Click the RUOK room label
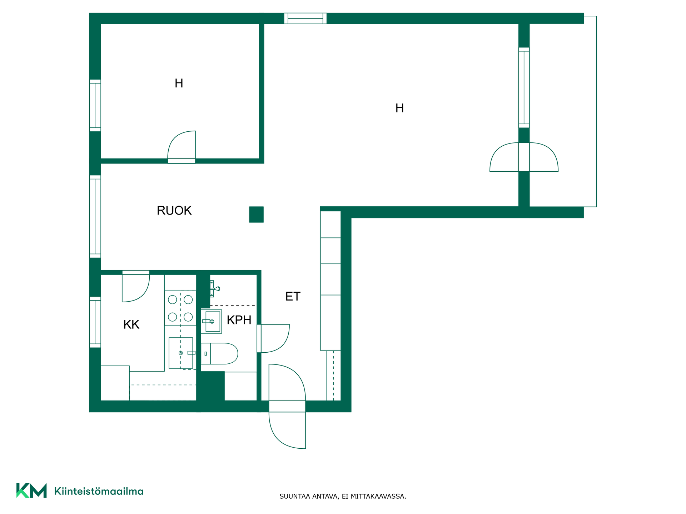tap(174, 211)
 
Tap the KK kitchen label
tap(131, 324)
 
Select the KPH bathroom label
tap(239, 320)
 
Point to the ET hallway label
tap(293, 296)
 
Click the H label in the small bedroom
tap(179, 84)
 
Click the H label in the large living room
tap(399, 108)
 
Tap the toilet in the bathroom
tap(219, 354)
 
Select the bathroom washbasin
tap(212, 321)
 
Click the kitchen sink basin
tap(181, 353)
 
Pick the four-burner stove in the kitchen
tap(180, 308)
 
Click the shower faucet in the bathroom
tap(214, 288)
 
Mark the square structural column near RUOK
tap(256, 215)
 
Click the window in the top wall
tap(305, 18)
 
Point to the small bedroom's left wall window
tap(95, 105)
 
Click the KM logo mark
tap(31, 490)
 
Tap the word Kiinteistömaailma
tap(99, 491)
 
